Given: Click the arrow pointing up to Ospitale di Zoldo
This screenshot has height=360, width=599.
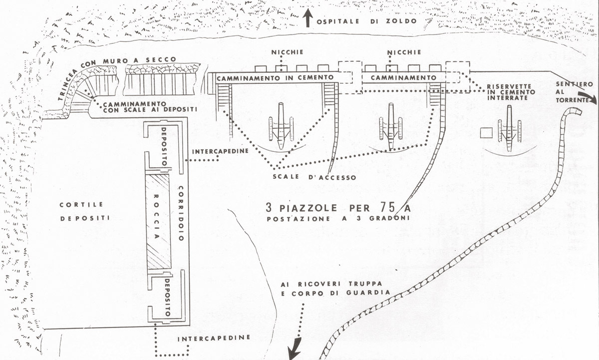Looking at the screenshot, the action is (308, 18).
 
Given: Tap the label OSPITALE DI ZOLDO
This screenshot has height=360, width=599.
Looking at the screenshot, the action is (367, 21).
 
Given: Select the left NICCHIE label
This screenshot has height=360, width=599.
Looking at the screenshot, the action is (288, 52).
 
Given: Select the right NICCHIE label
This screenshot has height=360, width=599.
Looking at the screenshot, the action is (404, 52).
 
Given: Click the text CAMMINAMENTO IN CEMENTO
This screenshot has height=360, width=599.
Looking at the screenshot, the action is (275, 78).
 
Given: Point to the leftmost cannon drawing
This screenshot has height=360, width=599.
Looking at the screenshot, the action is (281, 126).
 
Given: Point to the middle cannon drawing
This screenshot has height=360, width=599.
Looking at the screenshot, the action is (391, 127).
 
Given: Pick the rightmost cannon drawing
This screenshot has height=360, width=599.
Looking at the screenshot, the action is (510, 128).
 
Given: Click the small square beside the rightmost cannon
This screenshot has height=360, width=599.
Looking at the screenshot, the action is (486, 133).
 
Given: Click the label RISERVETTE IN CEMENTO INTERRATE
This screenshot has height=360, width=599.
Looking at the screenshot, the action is (511, 92).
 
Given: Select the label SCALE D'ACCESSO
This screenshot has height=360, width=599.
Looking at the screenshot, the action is (314, 177).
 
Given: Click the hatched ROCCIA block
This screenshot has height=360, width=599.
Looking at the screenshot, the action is (158, 222).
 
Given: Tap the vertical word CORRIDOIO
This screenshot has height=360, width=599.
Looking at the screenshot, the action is (181, 213).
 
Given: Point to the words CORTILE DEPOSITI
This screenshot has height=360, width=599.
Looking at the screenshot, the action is (85, 212).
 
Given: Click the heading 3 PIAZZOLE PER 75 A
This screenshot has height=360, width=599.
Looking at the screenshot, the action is (338, 208).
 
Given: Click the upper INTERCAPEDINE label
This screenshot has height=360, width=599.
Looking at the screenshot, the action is (220, 151).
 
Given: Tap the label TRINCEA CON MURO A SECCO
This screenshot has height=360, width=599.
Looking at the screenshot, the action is (117, 71).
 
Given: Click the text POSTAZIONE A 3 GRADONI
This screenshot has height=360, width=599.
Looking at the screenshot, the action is (338, 219).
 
